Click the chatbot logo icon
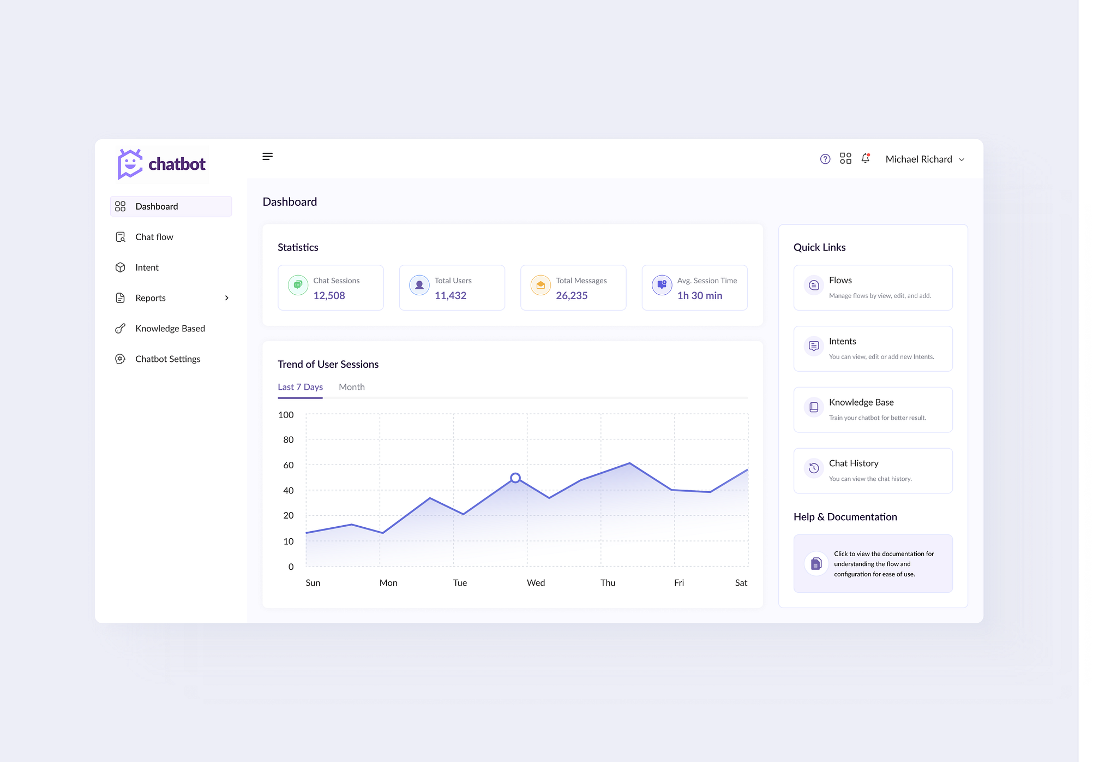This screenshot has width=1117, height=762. pos(130,164)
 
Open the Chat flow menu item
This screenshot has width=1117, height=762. pos(154,237)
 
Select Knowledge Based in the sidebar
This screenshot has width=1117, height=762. pos(170,329)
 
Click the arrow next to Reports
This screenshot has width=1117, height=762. pos(227,298)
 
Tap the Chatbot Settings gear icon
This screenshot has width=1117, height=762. pos(121,359)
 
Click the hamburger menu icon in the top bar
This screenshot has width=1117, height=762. pos(267,157)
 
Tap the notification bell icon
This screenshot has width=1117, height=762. pos(866,158)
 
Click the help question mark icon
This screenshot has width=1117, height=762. pos(825,159)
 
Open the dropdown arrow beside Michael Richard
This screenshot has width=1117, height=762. pos(962,159)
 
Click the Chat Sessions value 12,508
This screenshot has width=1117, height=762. pos(329,295)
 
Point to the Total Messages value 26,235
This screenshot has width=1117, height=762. pos(572,295)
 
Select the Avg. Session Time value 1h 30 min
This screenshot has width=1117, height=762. pos(700,295)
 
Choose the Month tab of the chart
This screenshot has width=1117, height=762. pos(352,387)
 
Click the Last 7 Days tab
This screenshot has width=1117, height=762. pos(300,387)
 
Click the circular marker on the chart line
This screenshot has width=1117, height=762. pos(515,478)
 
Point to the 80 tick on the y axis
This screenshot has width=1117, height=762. pos(288,440)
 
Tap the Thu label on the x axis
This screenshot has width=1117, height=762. pos(608,583)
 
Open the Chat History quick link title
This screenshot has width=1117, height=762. pos(854,463)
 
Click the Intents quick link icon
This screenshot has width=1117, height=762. pos(814,346)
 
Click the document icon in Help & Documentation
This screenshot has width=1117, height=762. pos(816,563)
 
